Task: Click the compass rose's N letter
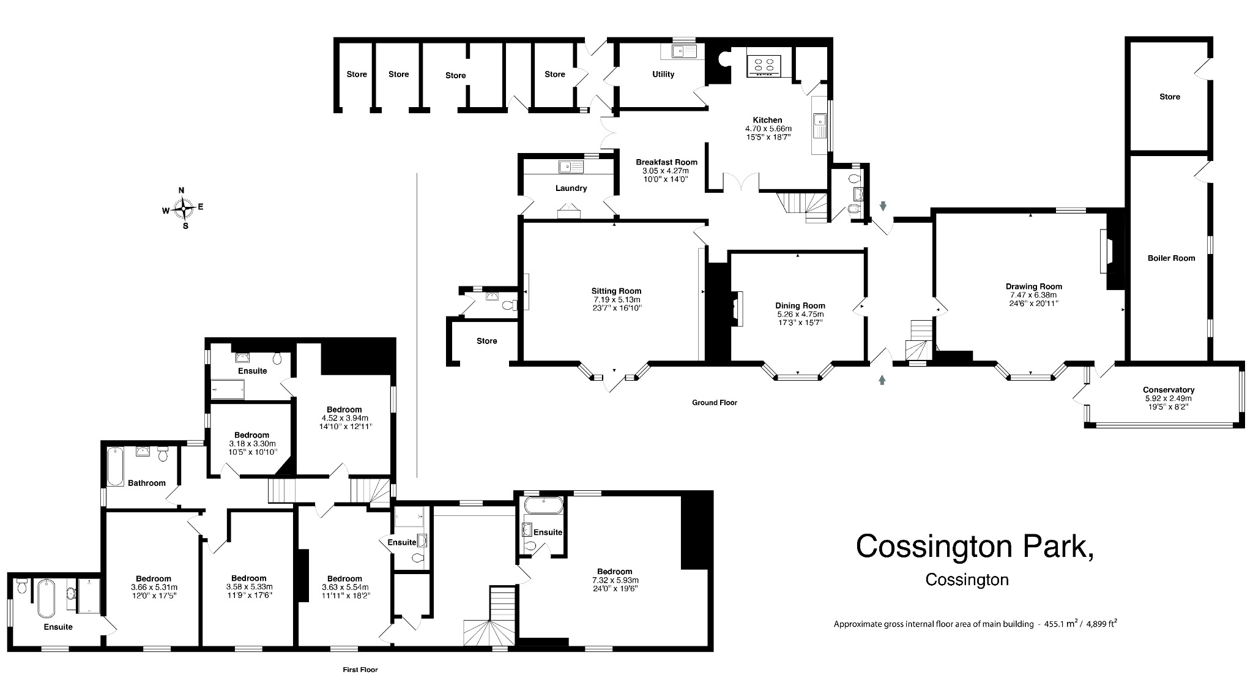[181, 190]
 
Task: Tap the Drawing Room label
[1033, 286]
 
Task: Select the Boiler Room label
[1171, 258]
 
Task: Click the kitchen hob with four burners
[764, 65]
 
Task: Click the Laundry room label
[571, 188]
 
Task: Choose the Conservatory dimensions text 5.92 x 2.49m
[1168, 398]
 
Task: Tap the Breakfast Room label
[666, 162]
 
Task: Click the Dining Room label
[800, 305]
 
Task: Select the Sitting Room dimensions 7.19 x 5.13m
[615, 299]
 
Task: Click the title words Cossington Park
[975, 545]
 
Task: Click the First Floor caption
[360, 670]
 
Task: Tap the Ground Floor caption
[714, 403]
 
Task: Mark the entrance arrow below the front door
[882, 380]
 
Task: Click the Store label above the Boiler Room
[1169, 97]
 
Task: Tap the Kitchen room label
[767, 120]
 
